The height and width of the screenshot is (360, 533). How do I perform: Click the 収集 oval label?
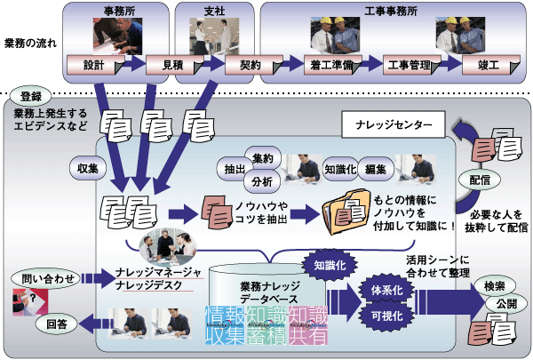(87, 165)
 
